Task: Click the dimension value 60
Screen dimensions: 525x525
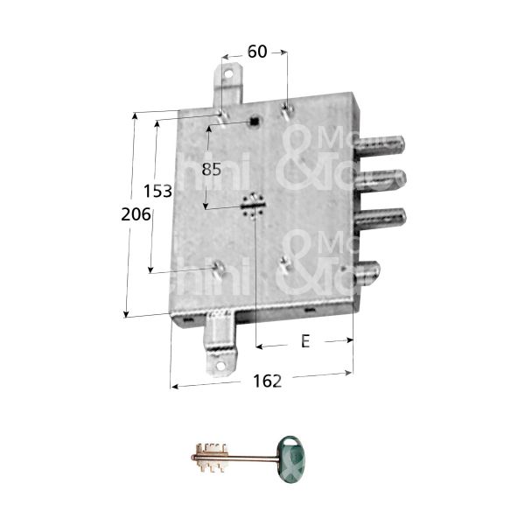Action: (256, 52)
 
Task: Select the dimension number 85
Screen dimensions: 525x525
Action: (212, 170)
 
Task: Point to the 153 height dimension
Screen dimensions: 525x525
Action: (158, 191)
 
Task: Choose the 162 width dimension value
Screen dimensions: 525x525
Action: (267, 381)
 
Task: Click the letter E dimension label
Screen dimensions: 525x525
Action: (304, 342)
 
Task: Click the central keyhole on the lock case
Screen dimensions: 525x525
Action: (254, 206)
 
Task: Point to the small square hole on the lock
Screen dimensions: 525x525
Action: (253, 122)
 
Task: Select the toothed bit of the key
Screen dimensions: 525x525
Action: (210, 457)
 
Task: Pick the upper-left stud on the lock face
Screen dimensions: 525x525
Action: (224, 115)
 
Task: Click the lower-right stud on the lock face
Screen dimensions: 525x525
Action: (286, 262)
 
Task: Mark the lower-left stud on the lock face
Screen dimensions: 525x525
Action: (218, 267)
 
